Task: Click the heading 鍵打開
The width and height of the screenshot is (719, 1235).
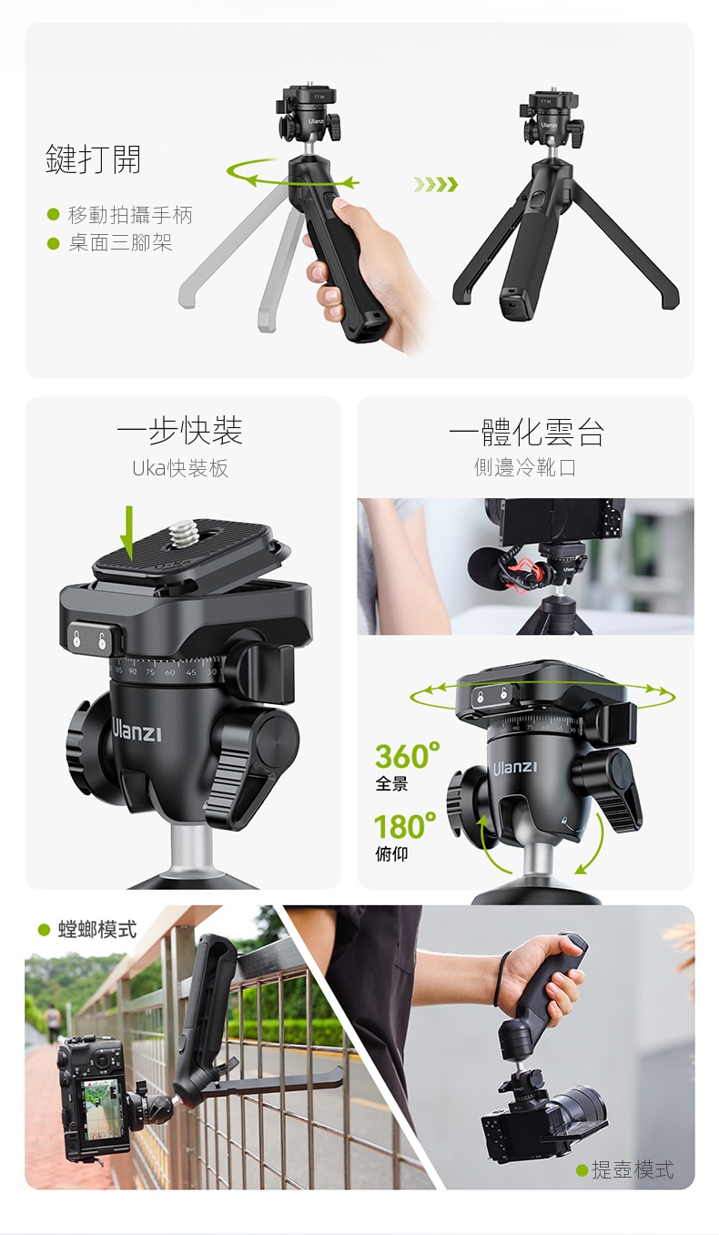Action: (93, 159)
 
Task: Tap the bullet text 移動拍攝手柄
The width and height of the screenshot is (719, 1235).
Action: (130, 215)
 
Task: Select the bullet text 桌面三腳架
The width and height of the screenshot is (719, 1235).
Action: (120, 242)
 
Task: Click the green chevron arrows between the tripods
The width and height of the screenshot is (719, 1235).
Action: (436, 184)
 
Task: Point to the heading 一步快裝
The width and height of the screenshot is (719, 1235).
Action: (179, 431)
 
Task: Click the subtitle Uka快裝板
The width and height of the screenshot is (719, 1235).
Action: (180, 468)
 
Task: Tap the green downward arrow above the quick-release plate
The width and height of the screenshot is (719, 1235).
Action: (129, 533)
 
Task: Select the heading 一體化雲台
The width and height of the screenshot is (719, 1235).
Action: (526, 432)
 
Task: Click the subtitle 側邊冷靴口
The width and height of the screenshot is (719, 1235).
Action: (525, 467)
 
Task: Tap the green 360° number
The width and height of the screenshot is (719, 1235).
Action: (407, 755)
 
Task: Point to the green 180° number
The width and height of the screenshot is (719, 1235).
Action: (405, 826)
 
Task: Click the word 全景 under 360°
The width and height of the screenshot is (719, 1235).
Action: (391, 783)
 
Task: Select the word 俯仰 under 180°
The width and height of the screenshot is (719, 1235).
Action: (391, 854)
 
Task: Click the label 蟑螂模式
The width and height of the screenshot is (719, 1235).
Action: (97, 930)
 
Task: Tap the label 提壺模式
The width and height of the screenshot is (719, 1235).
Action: (633, 1169)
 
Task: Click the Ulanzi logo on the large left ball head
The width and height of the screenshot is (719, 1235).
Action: (137, 730)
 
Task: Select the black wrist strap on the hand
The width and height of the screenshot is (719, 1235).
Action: (501, 981)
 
